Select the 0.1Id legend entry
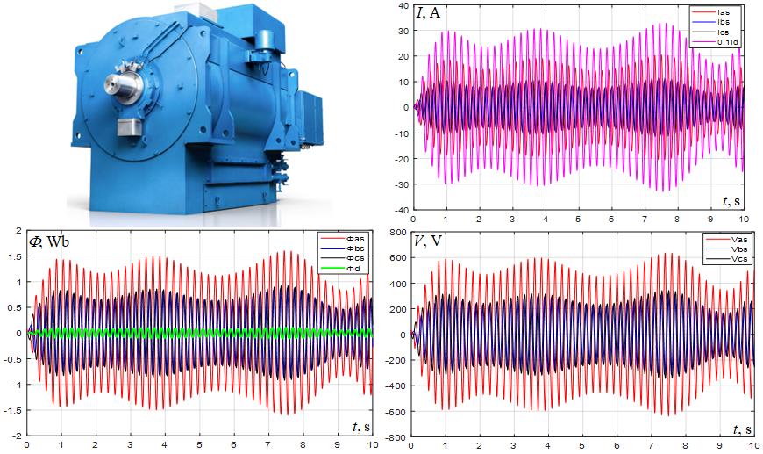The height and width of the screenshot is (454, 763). [726, 41]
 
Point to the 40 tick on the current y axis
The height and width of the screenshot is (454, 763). [404, 6]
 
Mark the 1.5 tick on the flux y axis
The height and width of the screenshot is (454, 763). [15, 256]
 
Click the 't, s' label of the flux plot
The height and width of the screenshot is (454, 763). [360, 428]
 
